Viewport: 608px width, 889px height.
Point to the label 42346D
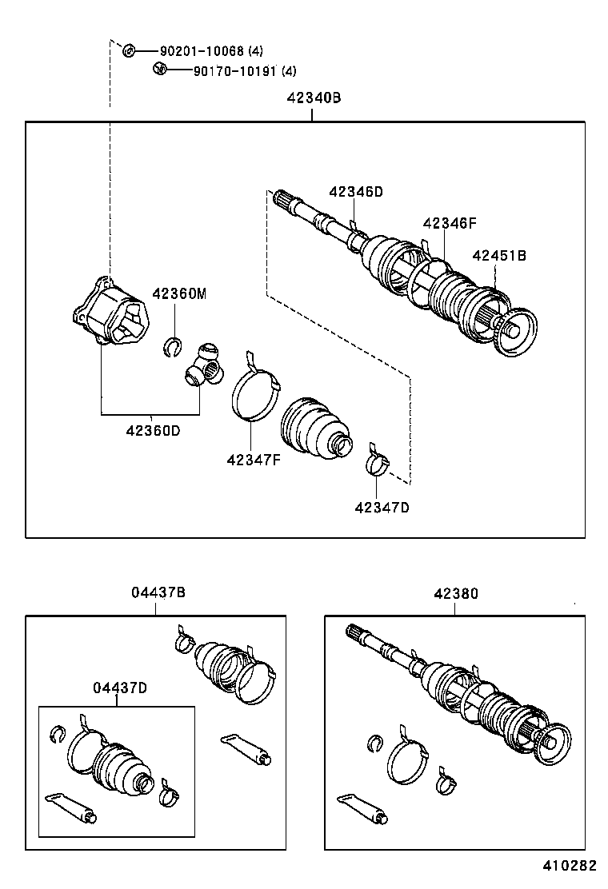coord(355,192)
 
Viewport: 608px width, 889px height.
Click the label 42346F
coord(450,224)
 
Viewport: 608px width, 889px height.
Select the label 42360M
coord(179,294)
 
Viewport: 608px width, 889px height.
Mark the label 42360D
coord(152,430)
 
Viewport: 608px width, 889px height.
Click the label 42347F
coord(254,460)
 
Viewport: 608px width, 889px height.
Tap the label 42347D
coord(382,506)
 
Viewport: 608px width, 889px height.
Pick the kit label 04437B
coord(158,593)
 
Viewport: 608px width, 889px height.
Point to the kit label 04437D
coord(119,688)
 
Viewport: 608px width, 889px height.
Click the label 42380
coord(456,593)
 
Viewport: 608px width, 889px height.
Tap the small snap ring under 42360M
coord(172,345)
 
